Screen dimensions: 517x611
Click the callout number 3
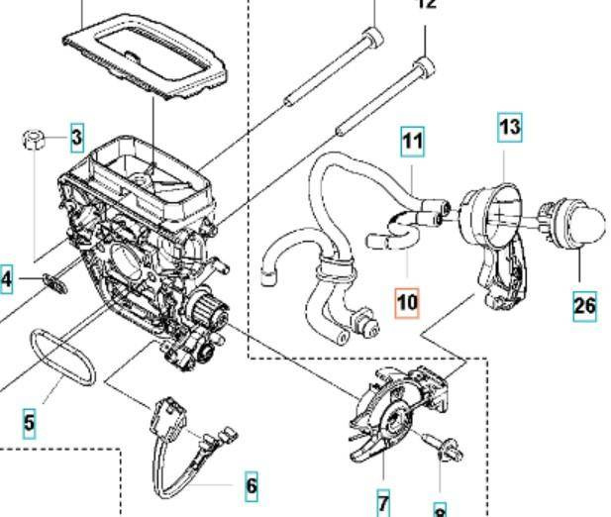76,138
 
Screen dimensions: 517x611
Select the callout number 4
6,280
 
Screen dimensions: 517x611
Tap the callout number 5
29,423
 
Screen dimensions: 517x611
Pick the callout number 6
251,485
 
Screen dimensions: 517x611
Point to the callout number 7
383,501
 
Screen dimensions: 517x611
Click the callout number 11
411,141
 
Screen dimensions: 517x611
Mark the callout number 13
509,127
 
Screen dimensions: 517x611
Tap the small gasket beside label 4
53,282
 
